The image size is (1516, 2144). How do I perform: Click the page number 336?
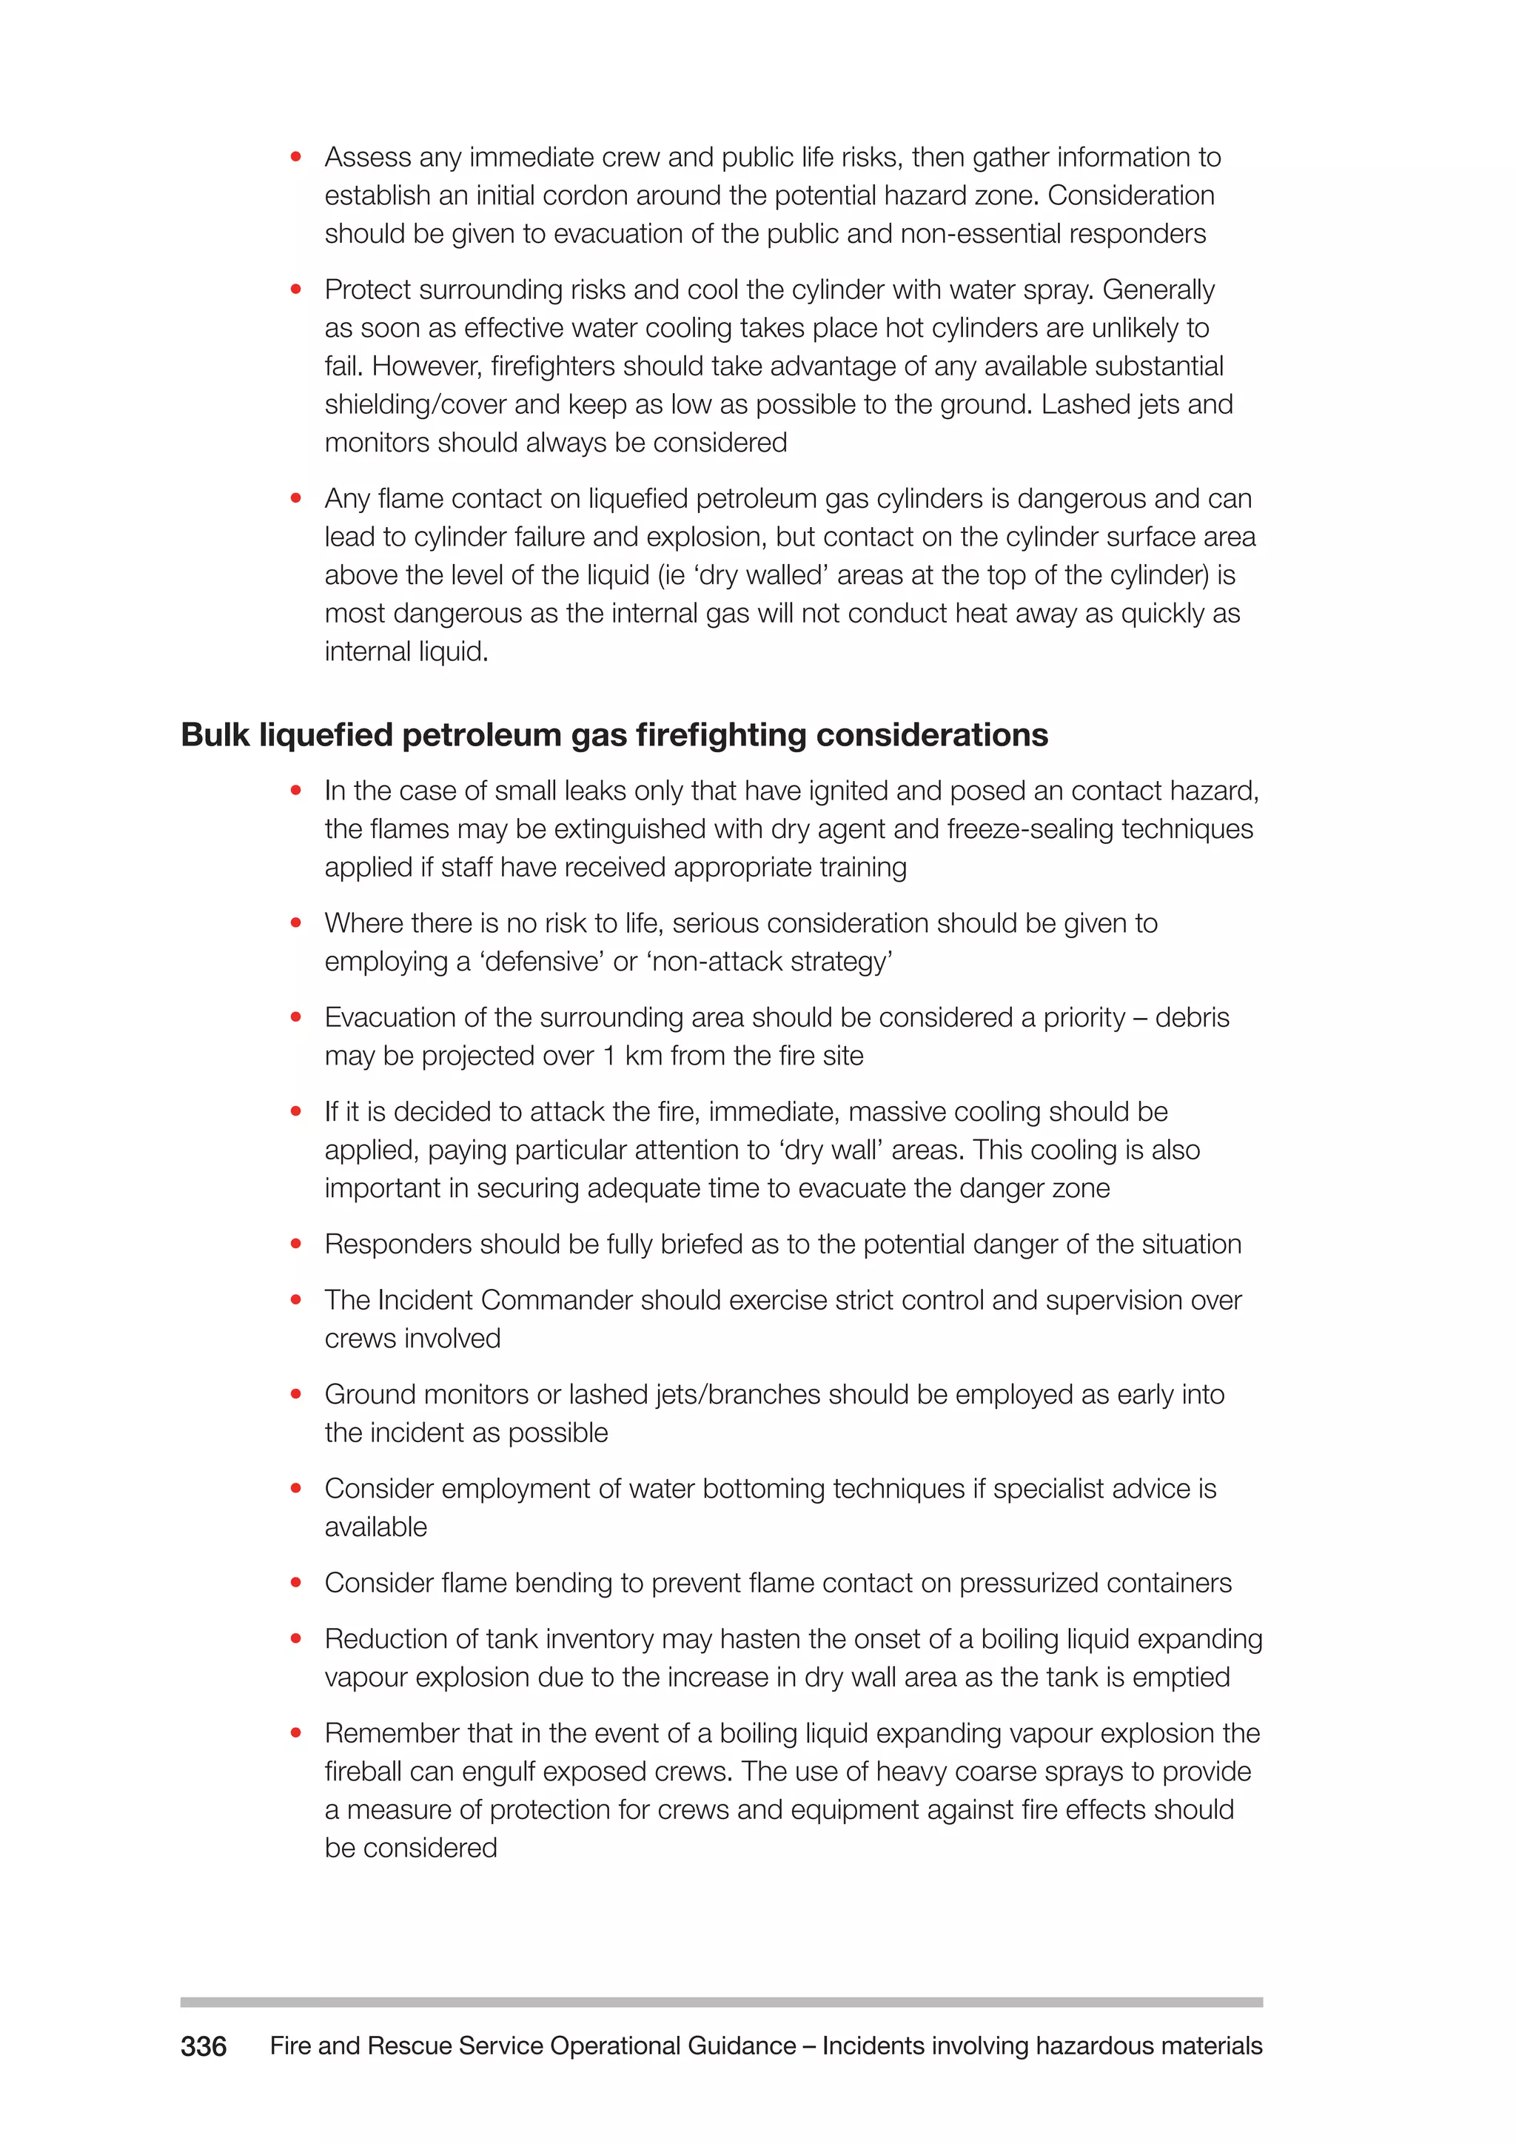coord(204,2046)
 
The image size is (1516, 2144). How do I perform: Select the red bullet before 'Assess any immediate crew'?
coord(296,157)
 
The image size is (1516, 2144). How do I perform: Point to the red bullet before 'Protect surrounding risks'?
coord(296,289)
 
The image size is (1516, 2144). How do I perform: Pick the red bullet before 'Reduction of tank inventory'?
coord(296,1639)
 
